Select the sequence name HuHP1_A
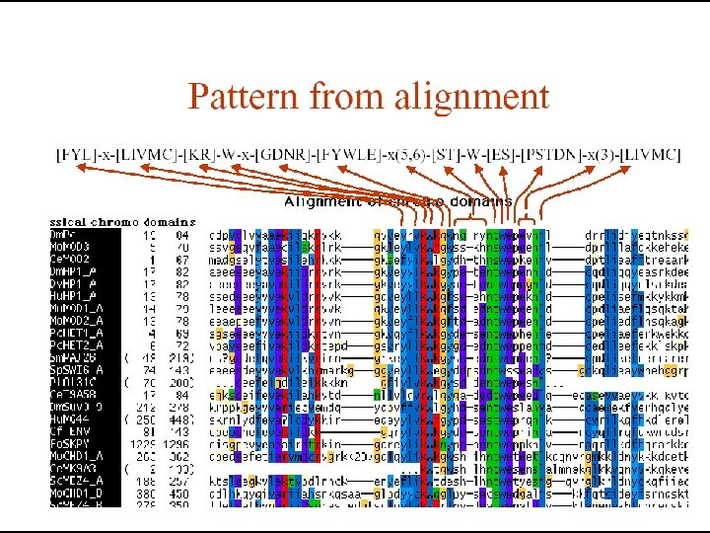(73, 295)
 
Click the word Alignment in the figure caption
(318, 202)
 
